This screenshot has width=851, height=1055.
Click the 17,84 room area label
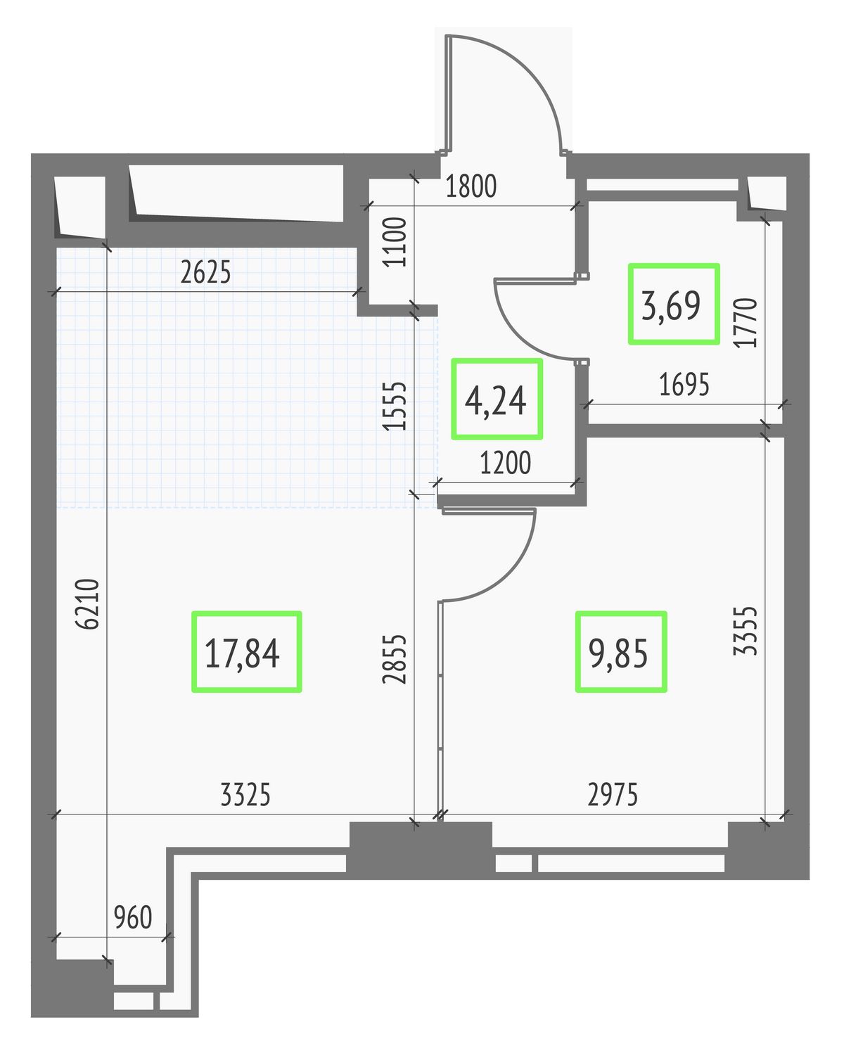tap(242, 653)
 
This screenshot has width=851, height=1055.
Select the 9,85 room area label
tap(618, 653)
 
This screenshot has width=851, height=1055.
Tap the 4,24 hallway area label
tap(496, 400)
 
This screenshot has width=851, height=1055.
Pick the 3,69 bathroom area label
tap(671, 305)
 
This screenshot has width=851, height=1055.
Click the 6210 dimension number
tap(88, 604)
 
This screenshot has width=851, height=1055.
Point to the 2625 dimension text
tap(205, 273)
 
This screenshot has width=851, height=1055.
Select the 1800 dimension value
tap(471, 186)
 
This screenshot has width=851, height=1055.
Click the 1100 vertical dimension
tap(395, 242)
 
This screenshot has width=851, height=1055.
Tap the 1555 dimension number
tap(395, 406)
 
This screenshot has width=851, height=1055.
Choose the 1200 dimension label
tap(506, 463)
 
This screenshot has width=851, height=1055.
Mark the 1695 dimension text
tap(684, 385)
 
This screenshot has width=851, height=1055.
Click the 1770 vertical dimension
tap(745, 323)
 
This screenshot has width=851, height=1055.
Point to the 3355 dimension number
tap(745, 631)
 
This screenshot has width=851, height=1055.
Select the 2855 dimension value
tap(395, 659)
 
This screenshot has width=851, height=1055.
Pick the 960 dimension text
tap(133, 917)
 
